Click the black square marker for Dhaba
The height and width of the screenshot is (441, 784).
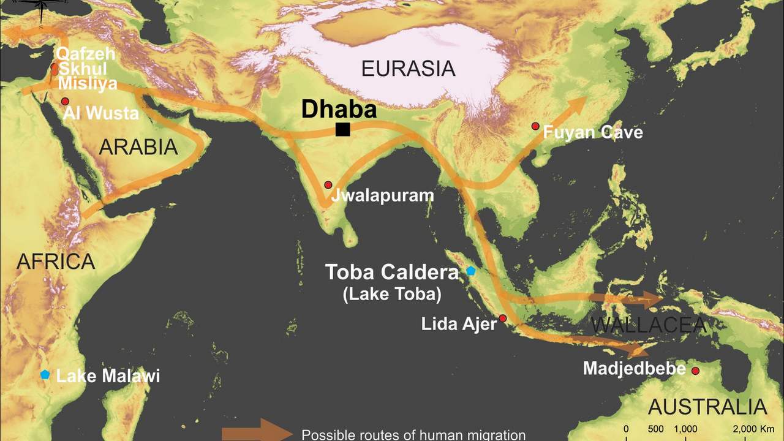343,129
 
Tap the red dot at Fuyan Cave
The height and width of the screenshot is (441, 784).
535,126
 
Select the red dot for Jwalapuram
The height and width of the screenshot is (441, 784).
328,185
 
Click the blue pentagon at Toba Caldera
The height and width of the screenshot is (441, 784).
470,271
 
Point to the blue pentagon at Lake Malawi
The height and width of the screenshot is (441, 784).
45,374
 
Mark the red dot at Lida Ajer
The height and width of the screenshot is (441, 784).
503,318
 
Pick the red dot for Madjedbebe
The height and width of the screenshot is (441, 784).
695,371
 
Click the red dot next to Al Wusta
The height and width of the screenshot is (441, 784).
65,101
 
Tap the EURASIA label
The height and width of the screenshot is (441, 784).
408,69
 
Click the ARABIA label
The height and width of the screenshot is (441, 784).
138,147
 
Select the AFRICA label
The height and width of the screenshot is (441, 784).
56,262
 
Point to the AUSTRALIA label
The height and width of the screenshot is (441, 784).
707,407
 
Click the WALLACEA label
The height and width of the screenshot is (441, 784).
649,325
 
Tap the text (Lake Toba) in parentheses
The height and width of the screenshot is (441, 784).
392,294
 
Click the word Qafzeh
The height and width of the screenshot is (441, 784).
81,54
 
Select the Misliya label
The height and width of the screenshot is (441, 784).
88,84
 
